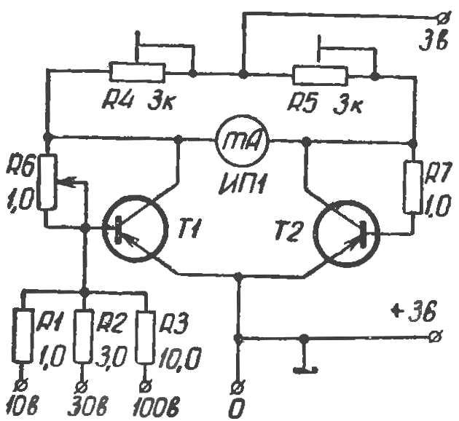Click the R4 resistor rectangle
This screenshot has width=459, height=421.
[137, 71]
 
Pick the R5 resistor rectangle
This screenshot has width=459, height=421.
[320, 76]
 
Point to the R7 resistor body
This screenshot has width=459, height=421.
[415, 186]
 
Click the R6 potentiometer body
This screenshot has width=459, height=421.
[47, 181]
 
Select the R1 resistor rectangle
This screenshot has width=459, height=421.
[23, 337]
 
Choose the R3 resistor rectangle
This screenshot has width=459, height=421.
[146, 338]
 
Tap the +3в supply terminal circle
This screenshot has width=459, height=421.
[433, 337]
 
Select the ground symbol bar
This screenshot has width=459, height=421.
[305, 370]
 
